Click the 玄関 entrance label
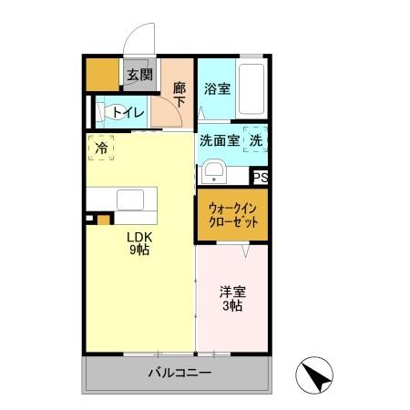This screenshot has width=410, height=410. pos(139,76)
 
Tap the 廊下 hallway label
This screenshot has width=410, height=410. pos(179,95)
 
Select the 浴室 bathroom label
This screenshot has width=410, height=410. pos(216,89)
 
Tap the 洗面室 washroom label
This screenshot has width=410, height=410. pos(220,140)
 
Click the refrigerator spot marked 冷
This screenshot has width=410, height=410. pos(101,146)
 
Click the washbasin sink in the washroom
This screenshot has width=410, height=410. pos(214,171)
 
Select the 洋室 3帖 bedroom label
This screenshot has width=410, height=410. pos(231,299)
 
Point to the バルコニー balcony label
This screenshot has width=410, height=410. pos(179,374)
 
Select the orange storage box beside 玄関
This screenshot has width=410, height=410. pos(102,76)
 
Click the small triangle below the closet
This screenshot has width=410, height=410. pos(244,247)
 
